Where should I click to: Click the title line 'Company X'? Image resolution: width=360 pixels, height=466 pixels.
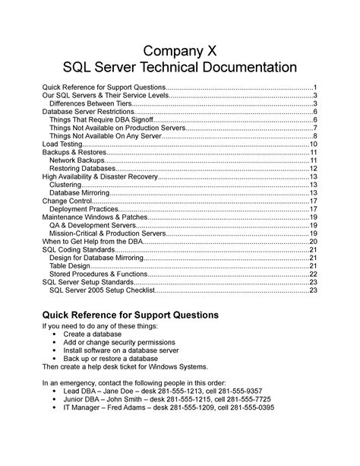[x=179, y=51]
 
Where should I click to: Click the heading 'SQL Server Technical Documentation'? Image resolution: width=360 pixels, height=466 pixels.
[x=179, y=68]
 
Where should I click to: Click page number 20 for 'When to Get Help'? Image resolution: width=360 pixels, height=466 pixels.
[x=313, y=241]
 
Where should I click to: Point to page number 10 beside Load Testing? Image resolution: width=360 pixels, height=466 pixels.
[x=313, y=144]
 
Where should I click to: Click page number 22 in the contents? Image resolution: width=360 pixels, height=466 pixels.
[x=313, y=274]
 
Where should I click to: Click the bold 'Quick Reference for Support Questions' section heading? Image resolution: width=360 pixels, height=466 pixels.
[x=130, y=315]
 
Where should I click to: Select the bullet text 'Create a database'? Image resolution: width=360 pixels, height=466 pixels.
[x=95, y=334]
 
